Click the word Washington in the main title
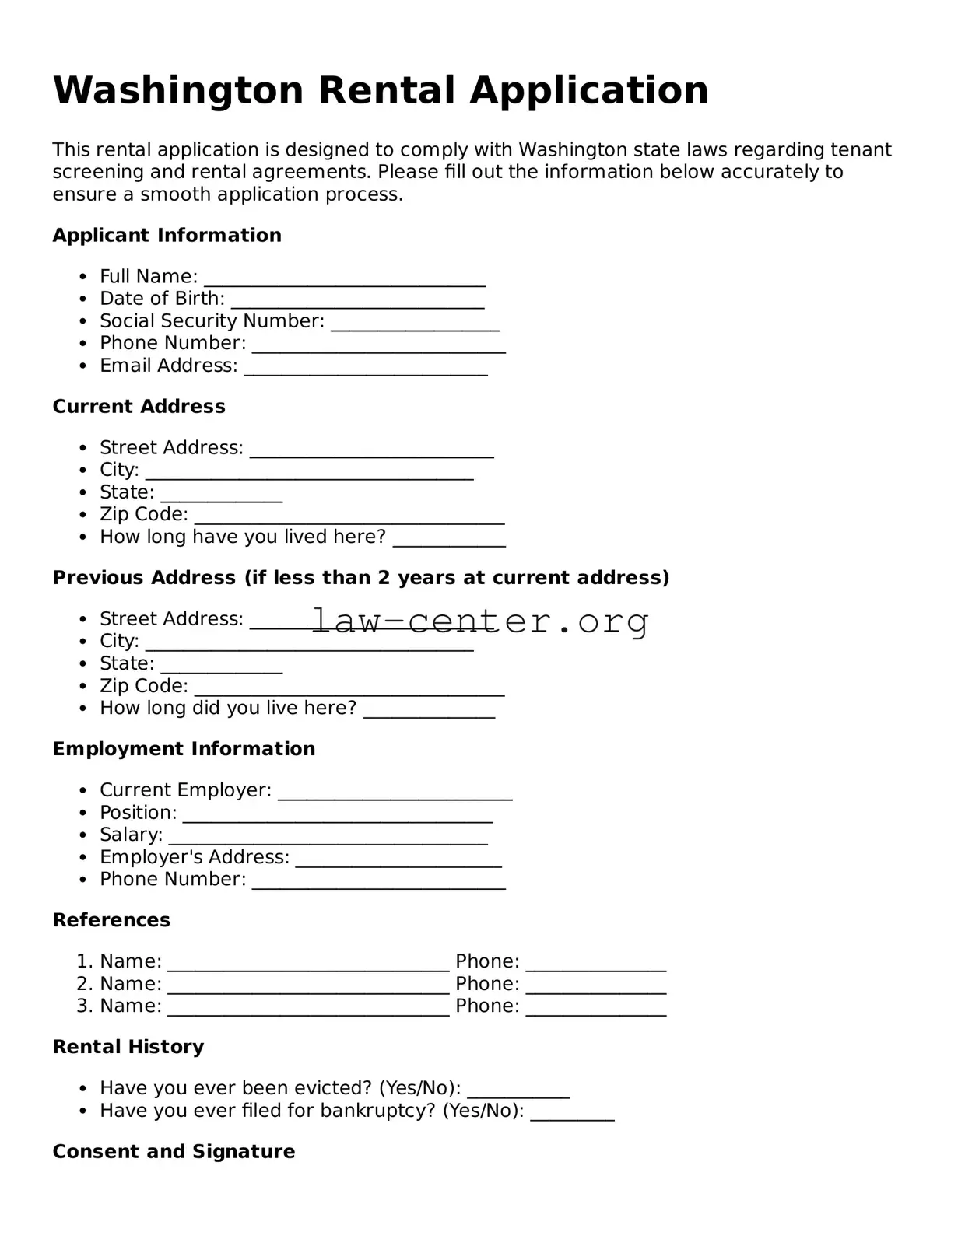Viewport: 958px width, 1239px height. click(177, 90)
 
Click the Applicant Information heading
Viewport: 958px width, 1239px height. click(167, 235)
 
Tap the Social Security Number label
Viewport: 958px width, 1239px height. click(212, 321)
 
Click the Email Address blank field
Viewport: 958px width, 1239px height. click(366, 369)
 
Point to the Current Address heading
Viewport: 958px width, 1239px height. click(139, 406)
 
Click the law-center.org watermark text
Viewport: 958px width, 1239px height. click(480, 621)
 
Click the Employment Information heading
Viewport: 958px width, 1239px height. click(184, 748)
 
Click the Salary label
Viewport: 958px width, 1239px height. click(131, 835)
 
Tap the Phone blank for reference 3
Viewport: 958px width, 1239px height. click(595, 1010)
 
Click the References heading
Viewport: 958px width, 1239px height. click(111, 920)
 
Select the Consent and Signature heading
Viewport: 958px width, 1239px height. click(174, 1151)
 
